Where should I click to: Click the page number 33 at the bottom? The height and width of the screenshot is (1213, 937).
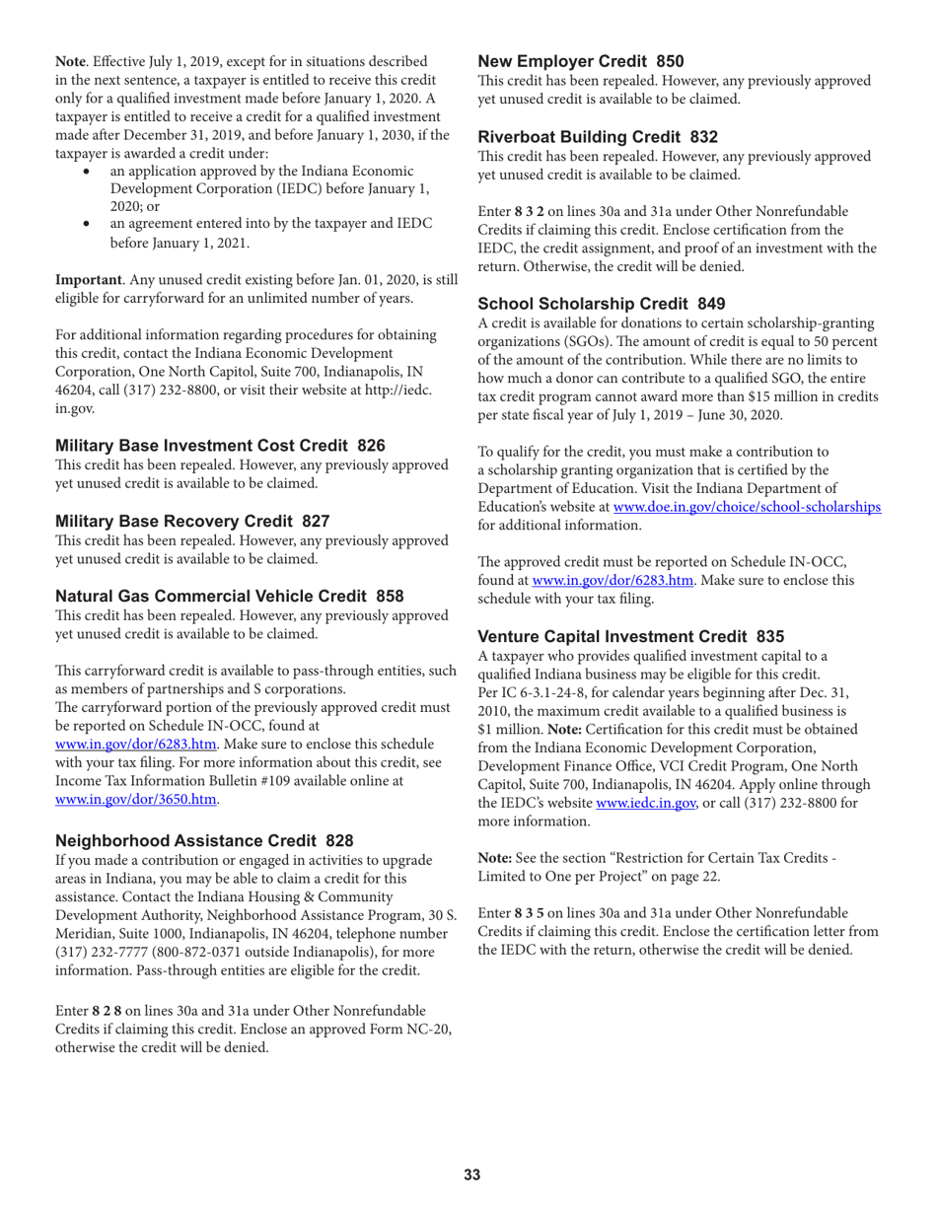click(471, 1174)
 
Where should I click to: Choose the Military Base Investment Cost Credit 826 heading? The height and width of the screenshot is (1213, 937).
click(220, 446)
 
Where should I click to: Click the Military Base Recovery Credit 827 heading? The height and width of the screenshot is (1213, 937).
click(192, 521)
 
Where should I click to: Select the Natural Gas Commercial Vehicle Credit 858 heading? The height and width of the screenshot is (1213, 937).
click(230, 596)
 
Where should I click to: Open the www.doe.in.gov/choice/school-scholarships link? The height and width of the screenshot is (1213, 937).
click(747, 506)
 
